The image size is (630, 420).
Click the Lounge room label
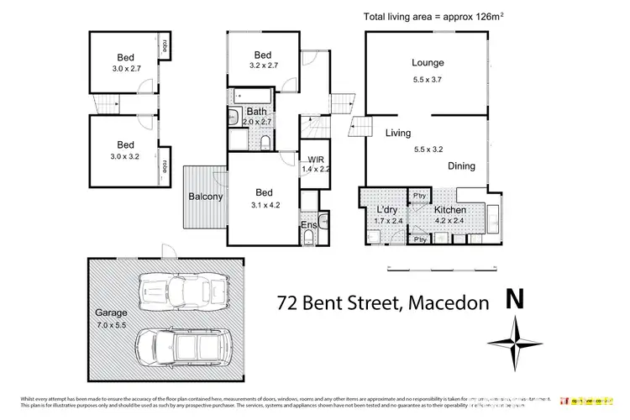coord(428,63)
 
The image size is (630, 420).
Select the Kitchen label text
coord(450,209)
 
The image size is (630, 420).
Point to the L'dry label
coord(387,209)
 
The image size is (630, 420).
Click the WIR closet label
coord(317,159)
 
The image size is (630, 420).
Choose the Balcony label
coord(206,197)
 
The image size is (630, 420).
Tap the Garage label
coord(110,312)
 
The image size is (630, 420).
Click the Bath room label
coord(256,112)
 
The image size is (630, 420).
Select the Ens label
coord(308,226)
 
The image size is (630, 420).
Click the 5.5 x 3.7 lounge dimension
coord(428,80)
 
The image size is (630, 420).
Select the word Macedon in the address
coord(447,302)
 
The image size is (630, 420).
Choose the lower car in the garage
coord(182,346)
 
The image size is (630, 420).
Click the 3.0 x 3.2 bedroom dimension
coord(126,156)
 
